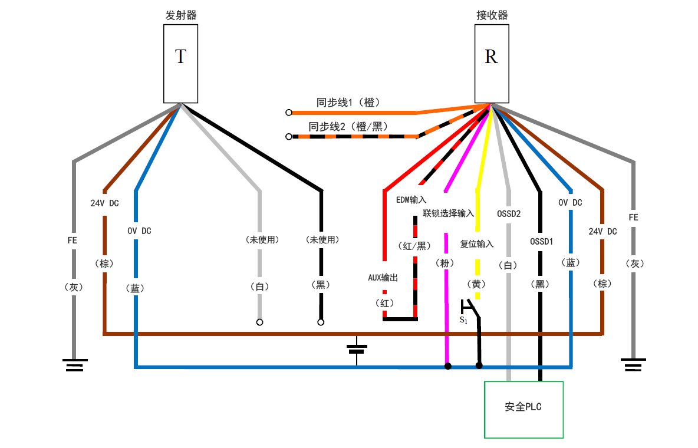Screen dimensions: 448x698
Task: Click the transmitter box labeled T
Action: pos(180,64)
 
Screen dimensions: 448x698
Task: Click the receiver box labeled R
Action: pos(491,64)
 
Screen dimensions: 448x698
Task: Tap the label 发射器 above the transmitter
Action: pos(180,15)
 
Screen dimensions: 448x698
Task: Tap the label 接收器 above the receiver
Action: pos(492,15)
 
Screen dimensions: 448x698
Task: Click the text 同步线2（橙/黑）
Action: pos(348,126)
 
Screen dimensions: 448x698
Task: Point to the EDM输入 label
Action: pos(411,200)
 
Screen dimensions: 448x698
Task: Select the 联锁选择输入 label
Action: pos(448,213)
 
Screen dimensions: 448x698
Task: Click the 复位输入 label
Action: pos(477,244)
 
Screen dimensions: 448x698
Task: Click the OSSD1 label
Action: pos(541,241)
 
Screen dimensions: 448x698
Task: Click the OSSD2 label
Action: pos(509,213)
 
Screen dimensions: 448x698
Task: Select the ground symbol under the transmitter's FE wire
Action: pos(74,365)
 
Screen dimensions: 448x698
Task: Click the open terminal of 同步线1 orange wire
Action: pos(289,112)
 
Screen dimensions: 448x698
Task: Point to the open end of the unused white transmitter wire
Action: pos(259,322)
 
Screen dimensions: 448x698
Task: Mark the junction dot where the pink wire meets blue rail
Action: pos(448,366)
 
